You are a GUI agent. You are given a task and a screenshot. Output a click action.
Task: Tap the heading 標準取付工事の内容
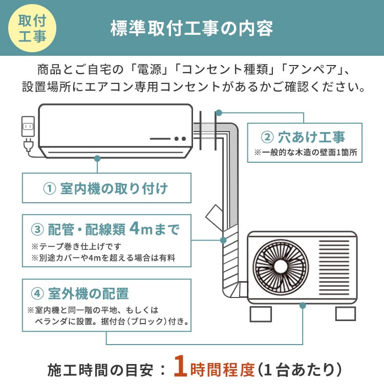[x=192, y=29]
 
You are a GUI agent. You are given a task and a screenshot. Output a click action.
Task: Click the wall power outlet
[x=28, y=126]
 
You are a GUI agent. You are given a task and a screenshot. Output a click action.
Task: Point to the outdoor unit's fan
[x=280, y=267]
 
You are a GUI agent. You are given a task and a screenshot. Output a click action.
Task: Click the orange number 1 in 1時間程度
[x=180, y=368]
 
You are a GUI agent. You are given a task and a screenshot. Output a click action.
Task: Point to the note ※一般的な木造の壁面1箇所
[x=305, y=153]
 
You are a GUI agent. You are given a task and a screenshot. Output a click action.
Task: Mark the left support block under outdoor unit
[x=261, y=313]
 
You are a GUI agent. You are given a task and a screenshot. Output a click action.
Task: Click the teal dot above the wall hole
[x=219, y=112]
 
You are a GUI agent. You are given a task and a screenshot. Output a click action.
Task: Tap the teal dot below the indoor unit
[x=97, y=158]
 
